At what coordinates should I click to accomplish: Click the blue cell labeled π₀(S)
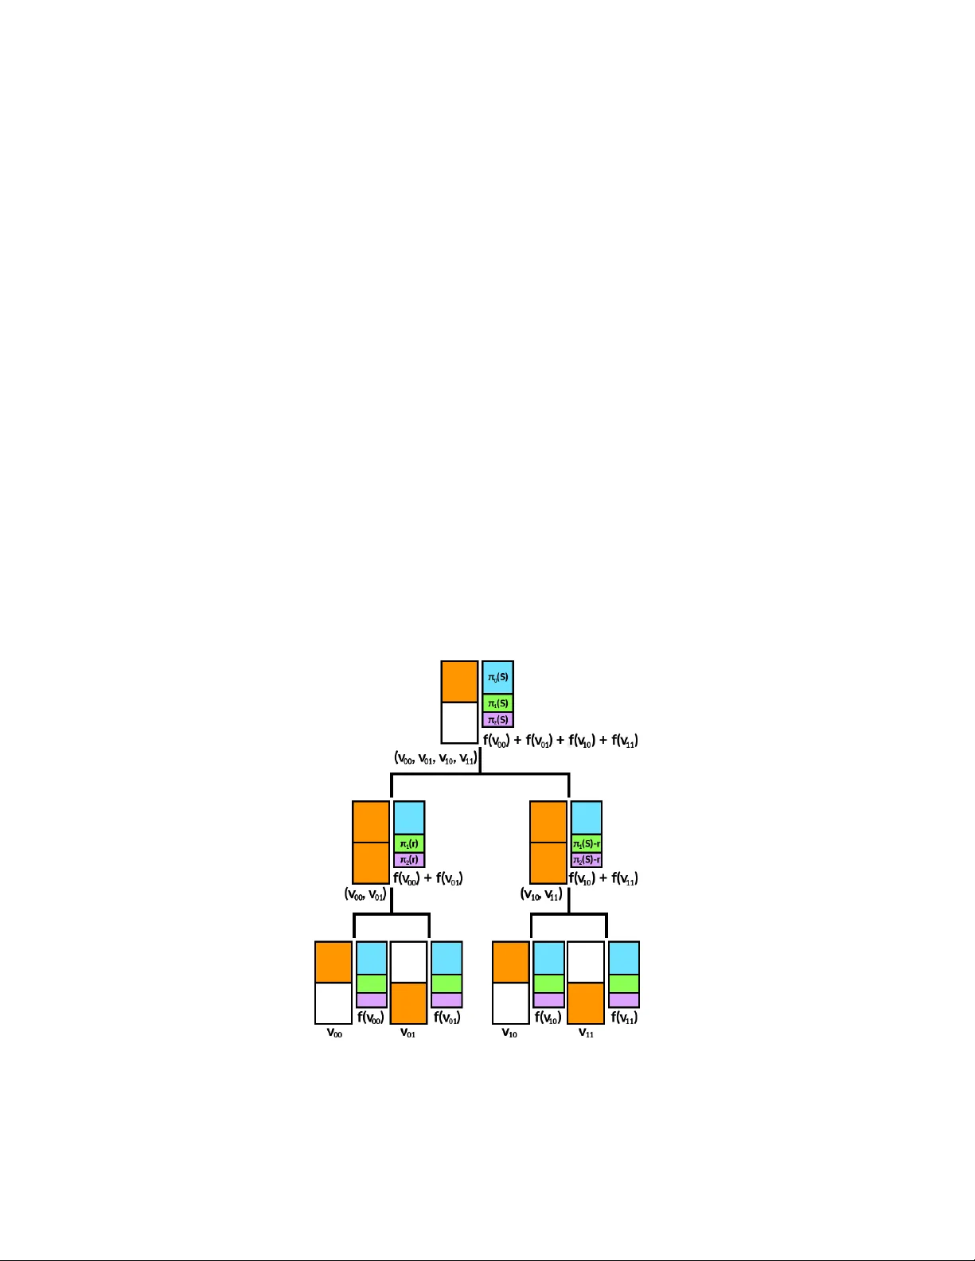click(497, 678)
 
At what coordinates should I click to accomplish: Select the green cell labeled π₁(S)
click(497, 703)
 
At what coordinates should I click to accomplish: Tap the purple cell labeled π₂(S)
click(497, 720)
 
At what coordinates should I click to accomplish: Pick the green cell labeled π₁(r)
click(409, 843)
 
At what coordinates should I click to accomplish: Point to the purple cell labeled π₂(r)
click(409, 860)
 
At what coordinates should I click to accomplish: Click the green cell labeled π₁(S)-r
click(587, 843)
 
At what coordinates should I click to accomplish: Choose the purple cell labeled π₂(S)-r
click(587, 860)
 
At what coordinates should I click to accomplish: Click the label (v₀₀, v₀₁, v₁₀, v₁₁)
click(435, 758)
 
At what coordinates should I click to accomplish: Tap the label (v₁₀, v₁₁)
click(541, 894)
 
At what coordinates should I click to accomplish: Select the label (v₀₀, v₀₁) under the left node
click(365, 894)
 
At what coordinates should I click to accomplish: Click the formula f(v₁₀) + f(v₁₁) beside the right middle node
click(603, 878)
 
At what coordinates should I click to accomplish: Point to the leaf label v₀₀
click(334, 1033)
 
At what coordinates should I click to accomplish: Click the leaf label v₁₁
click(586, 1033)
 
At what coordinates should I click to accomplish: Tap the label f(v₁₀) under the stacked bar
click(548, 1018)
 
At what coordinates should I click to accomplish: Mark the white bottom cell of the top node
click(459, 722)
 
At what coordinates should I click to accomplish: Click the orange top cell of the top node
click(459, 682)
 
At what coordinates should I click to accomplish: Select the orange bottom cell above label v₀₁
click(408, 1003)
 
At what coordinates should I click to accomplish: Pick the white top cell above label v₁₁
click(586, 962)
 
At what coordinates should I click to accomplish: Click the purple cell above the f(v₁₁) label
click(624, 1000)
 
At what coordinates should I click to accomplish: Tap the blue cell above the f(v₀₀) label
click(372, 958)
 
